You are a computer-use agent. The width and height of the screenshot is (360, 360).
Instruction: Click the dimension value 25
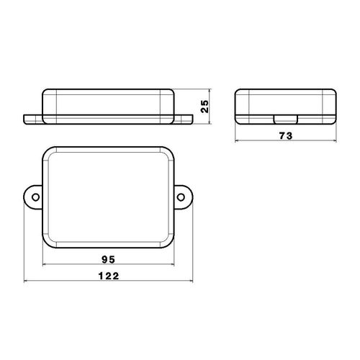(x=204, y=107)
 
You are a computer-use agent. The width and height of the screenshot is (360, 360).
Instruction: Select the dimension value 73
(x=286, y=136)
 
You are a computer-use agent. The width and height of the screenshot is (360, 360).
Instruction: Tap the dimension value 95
(x=109, y=259)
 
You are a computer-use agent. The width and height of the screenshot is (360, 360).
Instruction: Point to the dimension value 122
(x=109, y=276)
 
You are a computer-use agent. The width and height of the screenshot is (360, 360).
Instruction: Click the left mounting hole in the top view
(x=35, y=197)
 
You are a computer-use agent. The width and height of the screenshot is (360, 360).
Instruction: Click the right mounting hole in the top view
(x=181, y=197)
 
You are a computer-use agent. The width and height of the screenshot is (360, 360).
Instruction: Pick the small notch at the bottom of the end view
(x=286, y=120)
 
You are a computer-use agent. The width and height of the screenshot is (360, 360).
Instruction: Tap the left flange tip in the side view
(x=24, y=120)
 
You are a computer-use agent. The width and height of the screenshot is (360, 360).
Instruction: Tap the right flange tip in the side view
(x=192, y=120)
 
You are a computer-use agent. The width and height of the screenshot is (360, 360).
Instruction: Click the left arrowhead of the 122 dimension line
(x=25, y=281)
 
